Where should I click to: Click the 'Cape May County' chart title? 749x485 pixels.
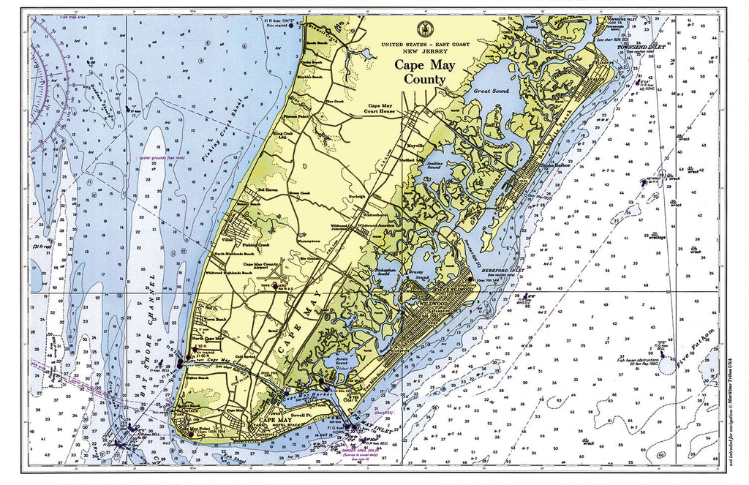pos(425,72)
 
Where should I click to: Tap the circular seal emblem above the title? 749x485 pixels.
pos(424,30)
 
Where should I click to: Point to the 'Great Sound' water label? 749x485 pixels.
pos(491,91)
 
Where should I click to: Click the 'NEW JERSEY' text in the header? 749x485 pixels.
pos(424,52)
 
